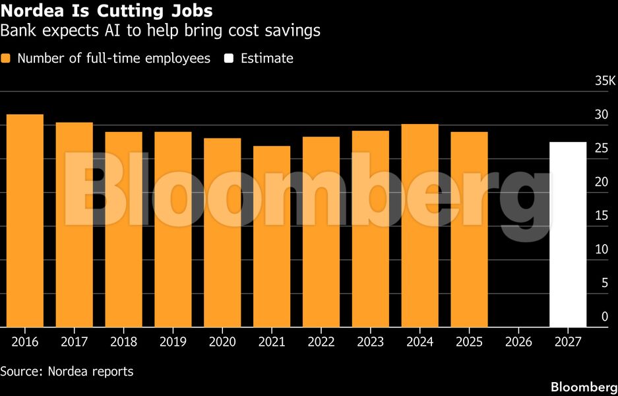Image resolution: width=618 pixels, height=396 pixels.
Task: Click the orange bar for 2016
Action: (x=25, y=221)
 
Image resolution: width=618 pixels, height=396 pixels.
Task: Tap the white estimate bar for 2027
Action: (x=568, y=234)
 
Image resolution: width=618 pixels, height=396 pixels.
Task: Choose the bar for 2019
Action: (x=173, y=230)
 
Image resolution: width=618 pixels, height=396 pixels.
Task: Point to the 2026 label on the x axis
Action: (x=518, y=342)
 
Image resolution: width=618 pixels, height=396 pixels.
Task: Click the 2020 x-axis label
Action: (x=222, y=342)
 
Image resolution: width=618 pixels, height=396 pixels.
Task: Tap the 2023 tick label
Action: (x=371, y=342)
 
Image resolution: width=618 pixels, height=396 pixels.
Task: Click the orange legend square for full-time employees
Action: (x=6, y=59)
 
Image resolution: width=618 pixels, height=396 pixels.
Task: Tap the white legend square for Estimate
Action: (x=228, y=59)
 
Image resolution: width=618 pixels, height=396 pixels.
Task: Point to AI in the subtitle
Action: (x=87, y=30)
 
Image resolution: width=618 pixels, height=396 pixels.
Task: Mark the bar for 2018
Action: (x=123, y=230)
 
